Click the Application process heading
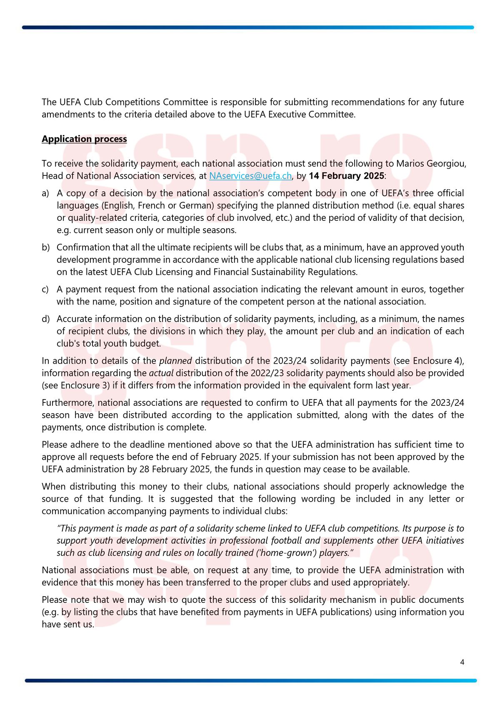[x=84, y=139]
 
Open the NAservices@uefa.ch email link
[x=250, y=176]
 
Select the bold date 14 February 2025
[x=346, y=176]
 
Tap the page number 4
[x=462, y=662]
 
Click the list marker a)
[x=45, y=193]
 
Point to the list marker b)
[x=45, y=247]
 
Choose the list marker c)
[x=45, y=290]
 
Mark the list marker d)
[x=45, y=319]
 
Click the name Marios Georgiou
[x=431, y=164]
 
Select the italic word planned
[x=175, y=361]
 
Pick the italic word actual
[x=161, y=373]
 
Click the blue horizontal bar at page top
[x=248, y=27]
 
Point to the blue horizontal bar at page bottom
[x=250, y=680]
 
